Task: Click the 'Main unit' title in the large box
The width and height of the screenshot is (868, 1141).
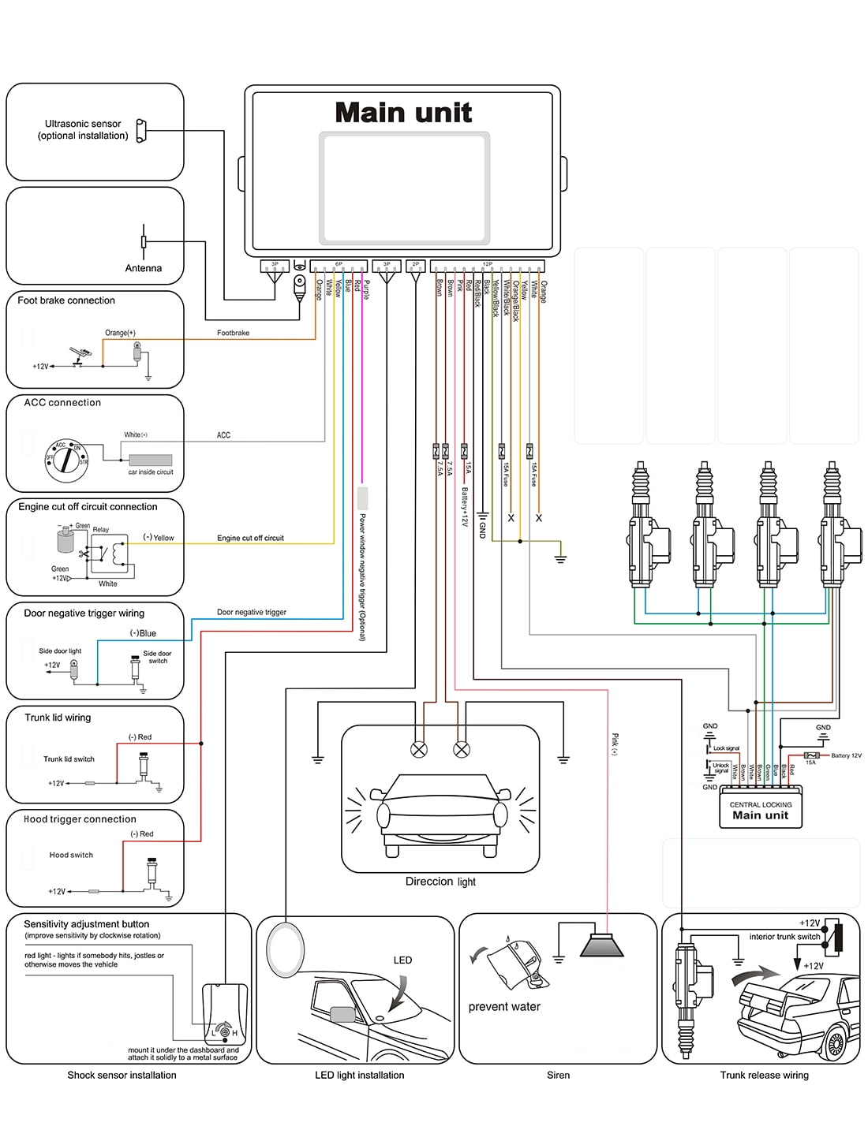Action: pyautogui.click(x=403, y=113)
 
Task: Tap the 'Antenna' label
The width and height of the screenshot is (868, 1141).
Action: pyautogui.click(x=143, y=268)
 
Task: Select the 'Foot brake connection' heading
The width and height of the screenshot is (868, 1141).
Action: pyautogui.click(x=66, y=300)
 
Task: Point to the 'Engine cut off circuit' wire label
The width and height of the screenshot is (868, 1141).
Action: pyautogui.click(x=250, y=538)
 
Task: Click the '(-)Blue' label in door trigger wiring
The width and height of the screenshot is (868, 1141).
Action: pyautogui.click(x=144, y=633)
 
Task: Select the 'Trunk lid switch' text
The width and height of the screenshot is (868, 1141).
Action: pyautogui.click(x=69, y=759)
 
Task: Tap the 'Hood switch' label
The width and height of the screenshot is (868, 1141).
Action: pyautogui.click(x=71, y=855)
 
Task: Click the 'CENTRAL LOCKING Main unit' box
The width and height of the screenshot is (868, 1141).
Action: pyautogui.click(x=761, y=811)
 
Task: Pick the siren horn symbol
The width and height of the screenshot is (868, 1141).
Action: pyautogui.click(x=602, y=945)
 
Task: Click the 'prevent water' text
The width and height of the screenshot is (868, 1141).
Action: pyautogui.click(x=504, y=1007)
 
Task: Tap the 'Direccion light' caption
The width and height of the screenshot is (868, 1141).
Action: pyautogui.click(x=440, y=882)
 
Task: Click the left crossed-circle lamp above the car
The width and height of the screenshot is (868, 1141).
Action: pyautogui.click(x=419, y=750)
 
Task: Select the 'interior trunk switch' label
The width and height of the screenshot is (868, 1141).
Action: pyautogui.click(x=784, y=937)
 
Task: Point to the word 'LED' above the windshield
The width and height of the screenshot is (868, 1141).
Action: pyautogui.click(x=402, y=960)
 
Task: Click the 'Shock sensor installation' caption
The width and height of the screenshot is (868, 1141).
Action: pyautogui.click(x=122, y=1075)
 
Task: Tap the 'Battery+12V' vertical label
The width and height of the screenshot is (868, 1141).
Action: pyautogui.click(x=466, y=505)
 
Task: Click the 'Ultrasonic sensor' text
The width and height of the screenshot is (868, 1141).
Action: pyautogui.click(x=83, y=124)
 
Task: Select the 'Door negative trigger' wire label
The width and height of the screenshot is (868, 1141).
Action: pyautogui.click(x=252, y=612)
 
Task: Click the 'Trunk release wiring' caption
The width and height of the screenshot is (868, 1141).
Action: pyautogui.click(x=764, y=1075)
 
